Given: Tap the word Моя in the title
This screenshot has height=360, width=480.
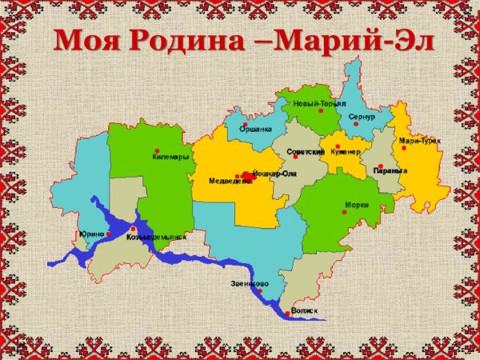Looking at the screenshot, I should tap(86, 38).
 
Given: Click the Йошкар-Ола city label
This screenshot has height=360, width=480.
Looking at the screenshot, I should tap(274, 173).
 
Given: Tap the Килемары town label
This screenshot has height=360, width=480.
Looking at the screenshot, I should tap(170, 157).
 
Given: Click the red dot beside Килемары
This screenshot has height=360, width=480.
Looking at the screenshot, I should tap(157, 150).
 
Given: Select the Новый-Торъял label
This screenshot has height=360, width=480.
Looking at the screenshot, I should tap(320, 104).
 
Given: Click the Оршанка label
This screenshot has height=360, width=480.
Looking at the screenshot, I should tap(255, 129).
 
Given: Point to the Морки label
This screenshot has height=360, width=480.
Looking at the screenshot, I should tap(356, 204).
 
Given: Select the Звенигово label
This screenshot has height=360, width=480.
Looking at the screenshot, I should tap(250, 284).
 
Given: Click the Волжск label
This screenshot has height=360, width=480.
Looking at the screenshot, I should tap(305, 310).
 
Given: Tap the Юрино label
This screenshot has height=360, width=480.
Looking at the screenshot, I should tap(91, 234).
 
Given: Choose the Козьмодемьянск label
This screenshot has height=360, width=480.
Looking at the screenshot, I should tap(156, 237).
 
